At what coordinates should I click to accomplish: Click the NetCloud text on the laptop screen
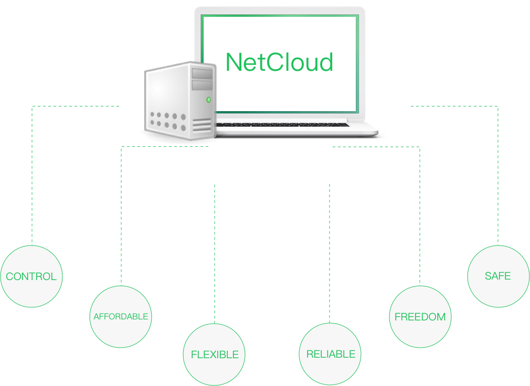point(279,62)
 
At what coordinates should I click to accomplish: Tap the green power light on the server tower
point(208,100)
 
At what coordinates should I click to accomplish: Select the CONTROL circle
point(31,276)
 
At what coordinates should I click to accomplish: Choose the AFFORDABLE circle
point(121,317)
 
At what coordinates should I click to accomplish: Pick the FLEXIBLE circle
point(215,355)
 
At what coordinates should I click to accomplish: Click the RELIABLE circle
point(330,354)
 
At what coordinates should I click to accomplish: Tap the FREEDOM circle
point(420,317)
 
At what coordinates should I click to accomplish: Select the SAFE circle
point(497,276)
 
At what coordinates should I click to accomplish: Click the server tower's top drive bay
point(202,73)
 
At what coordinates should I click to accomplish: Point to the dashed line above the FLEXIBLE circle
point(215,252)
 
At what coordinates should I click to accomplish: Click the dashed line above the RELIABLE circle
point(330,252)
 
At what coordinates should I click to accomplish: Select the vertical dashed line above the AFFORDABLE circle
point(121,215)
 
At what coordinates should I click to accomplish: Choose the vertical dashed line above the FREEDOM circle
point(420,215)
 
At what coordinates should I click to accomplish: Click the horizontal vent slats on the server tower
point(202,125)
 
